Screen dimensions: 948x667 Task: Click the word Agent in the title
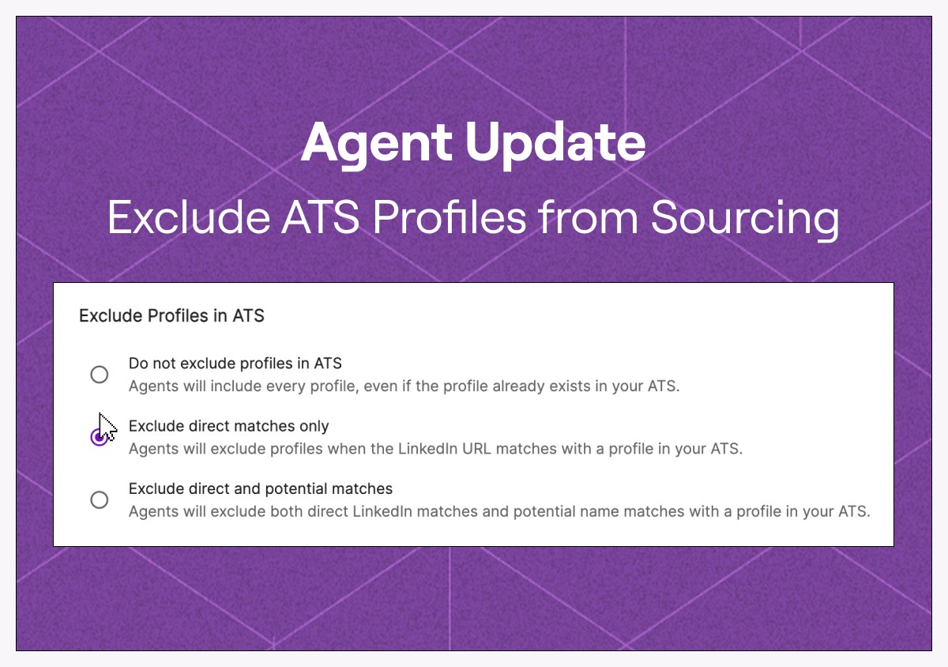tap(376, 145)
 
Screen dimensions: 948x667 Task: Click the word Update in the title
tap(555, 145)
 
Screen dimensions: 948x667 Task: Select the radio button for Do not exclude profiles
tap(100, 375)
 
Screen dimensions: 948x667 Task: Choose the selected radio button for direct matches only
tap(100, 437)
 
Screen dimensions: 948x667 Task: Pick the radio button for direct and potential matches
tap(100, 499)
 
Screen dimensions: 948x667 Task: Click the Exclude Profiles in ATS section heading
tap(172, 316)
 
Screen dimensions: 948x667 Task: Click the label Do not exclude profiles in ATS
tap(235, 364)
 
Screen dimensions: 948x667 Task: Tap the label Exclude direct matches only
tap(228, 426)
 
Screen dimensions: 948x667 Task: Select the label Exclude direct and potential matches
tap(261, 488)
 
